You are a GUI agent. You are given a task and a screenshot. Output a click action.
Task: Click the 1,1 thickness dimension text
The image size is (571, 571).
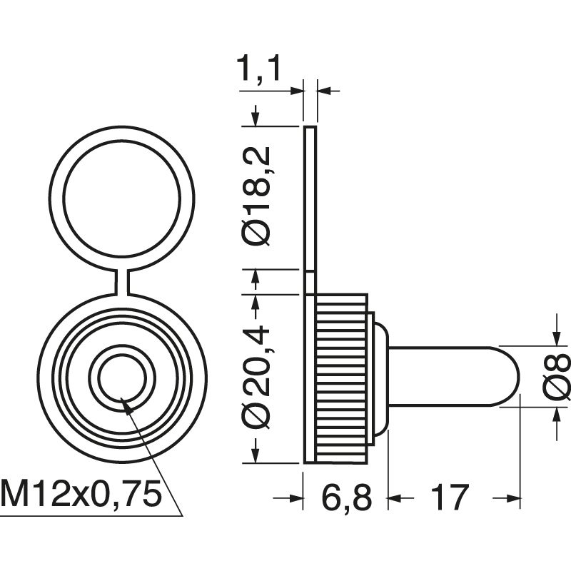[x=260, y=71]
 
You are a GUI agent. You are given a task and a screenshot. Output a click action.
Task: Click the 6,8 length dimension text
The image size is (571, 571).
[x=344, y=497]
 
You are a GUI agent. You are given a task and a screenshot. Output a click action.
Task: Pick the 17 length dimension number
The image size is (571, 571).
[x=450, y=497]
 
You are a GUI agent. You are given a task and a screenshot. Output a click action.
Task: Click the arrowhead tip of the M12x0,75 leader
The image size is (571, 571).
[x=125, y=403]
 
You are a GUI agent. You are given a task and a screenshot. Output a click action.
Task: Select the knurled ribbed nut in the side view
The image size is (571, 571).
[x=341, y=377]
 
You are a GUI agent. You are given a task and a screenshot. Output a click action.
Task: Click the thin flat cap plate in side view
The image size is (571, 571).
[x=309, y=200]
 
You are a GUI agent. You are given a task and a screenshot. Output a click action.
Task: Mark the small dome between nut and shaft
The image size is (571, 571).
[x=380, y=377]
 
